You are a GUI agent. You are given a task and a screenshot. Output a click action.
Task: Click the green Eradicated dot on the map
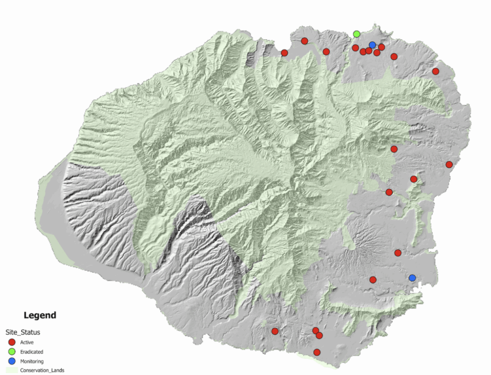pos(357,34)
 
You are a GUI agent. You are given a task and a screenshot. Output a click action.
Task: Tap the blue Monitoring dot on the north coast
pos(372,45)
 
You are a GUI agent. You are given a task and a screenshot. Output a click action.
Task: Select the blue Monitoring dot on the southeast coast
pos(412,278)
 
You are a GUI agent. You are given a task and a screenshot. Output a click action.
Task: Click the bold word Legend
pos(40,316)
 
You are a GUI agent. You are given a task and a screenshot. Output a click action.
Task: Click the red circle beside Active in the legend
pos(12,342)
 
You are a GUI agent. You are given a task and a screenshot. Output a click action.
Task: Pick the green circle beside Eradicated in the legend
pos(12,352)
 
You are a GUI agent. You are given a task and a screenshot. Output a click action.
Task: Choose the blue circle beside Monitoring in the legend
pos(12,361)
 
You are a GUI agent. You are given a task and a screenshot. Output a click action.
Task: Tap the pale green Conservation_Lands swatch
pos(12,370)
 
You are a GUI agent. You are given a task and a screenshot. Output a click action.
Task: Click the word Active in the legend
pos(27,342)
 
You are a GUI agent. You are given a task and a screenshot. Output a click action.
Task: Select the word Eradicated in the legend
pos(32,352)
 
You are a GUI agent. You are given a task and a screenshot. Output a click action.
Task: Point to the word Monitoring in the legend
pos(32,362)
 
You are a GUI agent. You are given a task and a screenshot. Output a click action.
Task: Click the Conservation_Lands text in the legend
pos(42,370)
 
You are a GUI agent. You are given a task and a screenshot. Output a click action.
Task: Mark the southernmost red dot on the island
pos(317,352)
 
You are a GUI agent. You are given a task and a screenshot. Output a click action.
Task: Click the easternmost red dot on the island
pos(449,164)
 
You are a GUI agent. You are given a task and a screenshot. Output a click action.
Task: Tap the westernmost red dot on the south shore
pos(275,331)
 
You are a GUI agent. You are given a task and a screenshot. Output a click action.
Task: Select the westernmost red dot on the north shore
pos(284,53)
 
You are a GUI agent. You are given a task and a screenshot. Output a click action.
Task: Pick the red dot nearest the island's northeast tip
pos(435,71)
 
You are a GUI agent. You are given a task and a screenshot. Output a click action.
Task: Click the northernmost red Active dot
pos(304,41)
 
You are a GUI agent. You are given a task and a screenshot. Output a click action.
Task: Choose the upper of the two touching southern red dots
pos(316,330)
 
